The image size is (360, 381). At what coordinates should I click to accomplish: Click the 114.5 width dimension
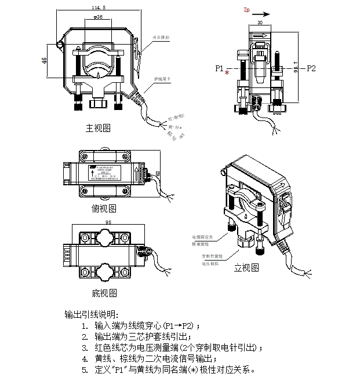(x=99, y=8)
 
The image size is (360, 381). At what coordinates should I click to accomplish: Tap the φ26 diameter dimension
(x=97, y=18)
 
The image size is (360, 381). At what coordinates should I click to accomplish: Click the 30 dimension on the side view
(x=260, y=22)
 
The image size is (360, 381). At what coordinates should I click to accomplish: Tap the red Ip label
(x=247, y=10)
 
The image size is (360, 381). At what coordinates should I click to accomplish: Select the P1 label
(x=219, y=68)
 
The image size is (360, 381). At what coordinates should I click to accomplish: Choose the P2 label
(x=311, y=68)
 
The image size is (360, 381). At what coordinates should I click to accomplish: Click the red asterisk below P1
(x=227, y=75)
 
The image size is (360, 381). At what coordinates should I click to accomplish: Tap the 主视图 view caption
(x=98, y=127)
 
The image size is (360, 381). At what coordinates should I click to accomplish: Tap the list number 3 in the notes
(x=85, y=348)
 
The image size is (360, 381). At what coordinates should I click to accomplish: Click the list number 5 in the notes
(x=85, y=370)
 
